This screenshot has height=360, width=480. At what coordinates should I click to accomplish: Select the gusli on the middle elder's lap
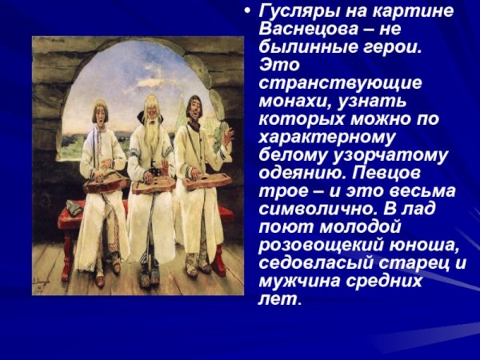coord(153,186)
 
